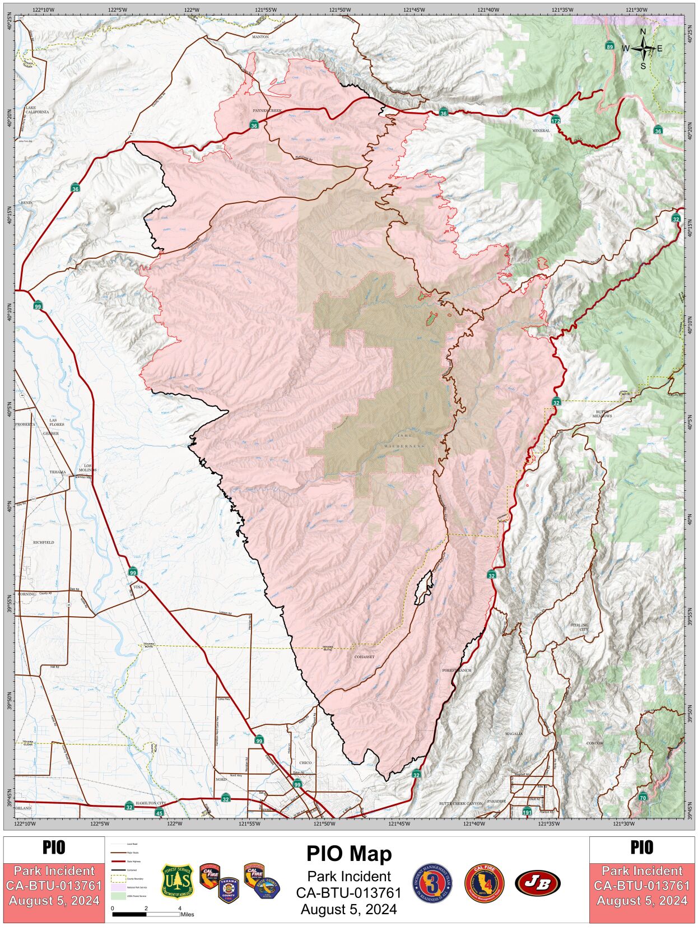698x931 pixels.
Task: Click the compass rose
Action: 643,49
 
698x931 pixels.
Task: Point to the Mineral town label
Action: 541,131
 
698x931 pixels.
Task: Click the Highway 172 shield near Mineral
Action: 555,120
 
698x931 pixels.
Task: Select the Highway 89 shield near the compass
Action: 609,46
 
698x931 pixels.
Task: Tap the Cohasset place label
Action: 364,657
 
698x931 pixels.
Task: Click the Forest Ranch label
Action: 457,670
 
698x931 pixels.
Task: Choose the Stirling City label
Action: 579,627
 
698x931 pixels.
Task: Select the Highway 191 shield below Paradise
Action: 527,811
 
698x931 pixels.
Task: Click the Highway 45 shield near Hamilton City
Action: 159,813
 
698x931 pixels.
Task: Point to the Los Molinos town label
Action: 90,468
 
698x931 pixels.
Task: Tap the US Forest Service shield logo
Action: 177,881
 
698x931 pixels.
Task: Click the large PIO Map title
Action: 348,853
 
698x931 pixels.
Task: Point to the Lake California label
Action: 38,109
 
